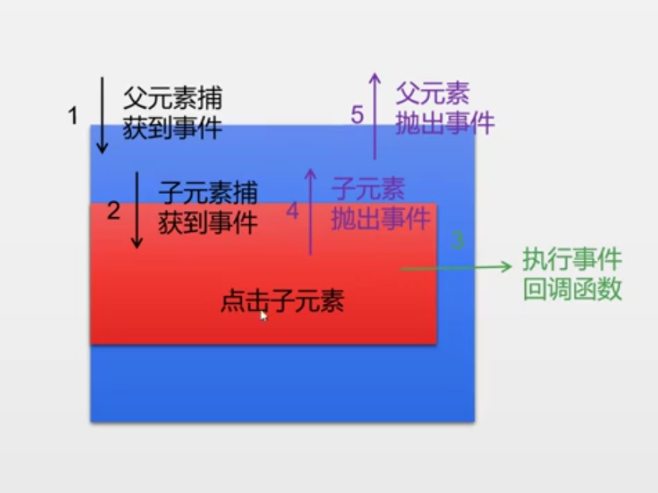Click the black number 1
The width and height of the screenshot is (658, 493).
click(x=73, y=116)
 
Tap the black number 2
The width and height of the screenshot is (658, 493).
click(x=113, y=211)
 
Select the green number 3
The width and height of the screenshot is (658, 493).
click(x=458, y=240)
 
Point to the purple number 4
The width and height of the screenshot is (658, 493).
click(x=292, y=211)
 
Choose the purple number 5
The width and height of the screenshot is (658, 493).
click(x=358, y=115)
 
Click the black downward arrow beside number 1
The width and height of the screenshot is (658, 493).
click(x=102, y=114)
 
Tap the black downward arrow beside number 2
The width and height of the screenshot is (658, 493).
click(x=137, y=210)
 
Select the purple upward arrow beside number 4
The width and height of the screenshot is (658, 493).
click(x=310, y=211)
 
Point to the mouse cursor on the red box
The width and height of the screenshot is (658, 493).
click(x=263, y=315)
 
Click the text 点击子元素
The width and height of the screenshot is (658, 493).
click(x=282, y=300)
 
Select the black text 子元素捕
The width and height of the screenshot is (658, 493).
click(x=208, y=193)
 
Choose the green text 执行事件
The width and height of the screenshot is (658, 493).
click(x=572, y=259)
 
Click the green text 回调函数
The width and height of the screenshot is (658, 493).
click(x=572, y=290)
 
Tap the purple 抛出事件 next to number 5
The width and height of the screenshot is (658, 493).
click(x=445, y=124)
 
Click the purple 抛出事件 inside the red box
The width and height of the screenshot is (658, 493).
click(x=381, y=219)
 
